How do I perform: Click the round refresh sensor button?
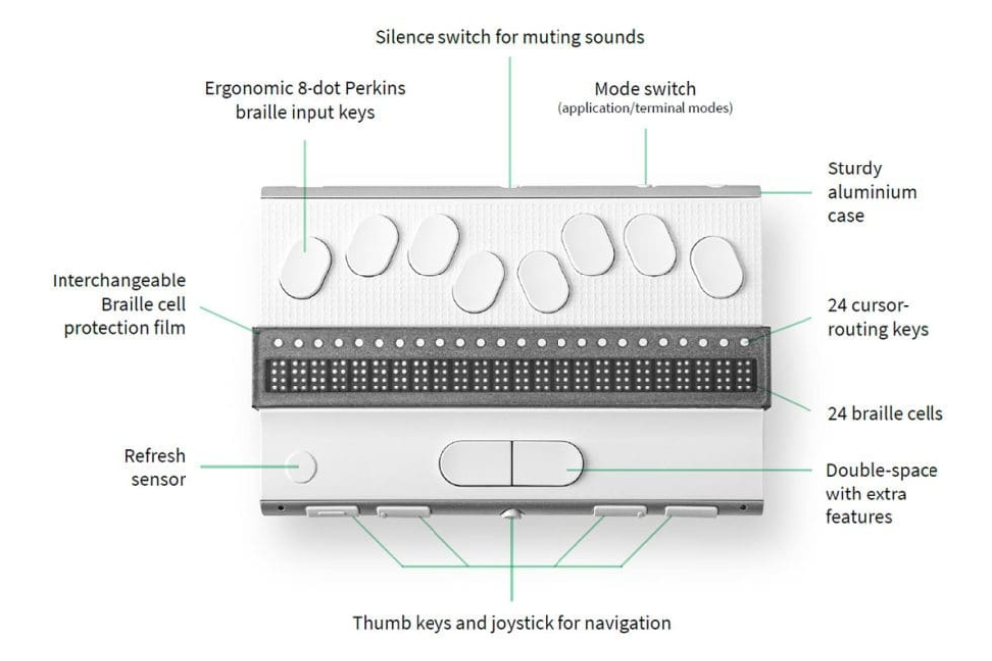point(301,467)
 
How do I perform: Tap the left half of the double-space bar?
point(475,463)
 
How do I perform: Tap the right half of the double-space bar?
point(548,463)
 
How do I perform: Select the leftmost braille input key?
point(306,268)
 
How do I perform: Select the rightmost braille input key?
point(717,268)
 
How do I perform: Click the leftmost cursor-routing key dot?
point(278,343)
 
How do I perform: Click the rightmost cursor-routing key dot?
point(745,343)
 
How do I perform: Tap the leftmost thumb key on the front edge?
point(331,511)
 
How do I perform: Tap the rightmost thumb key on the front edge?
point(690,511)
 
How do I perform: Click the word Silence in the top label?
point(404,37)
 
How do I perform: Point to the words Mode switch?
point(646,89)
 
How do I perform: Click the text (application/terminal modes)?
point(646,108)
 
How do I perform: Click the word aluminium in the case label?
point(872,192)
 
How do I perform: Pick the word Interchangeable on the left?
point(118,280)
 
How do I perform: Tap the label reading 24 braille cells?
point(885,414)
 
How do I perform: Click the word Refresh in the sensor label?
point(155,456)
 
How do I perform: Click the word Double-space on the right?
point(881,471)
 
